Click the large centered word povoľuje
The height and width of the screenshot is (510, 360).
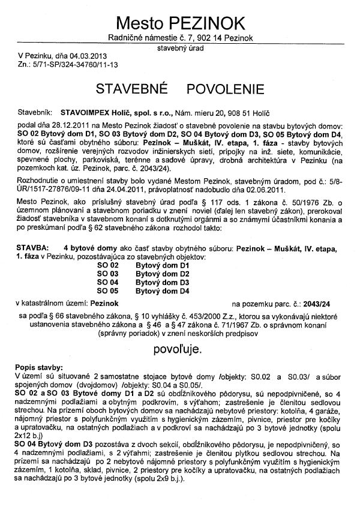180,347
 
